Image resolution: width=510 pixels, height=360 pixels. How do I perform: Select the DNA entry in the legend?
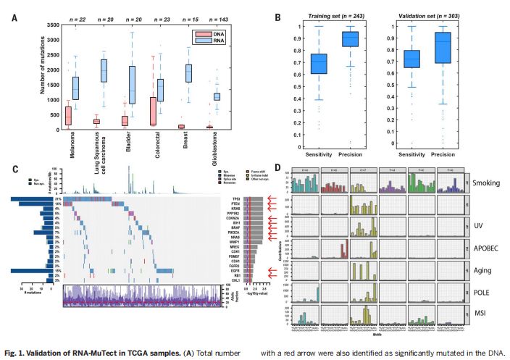pyautogui.click(x=211, y=34)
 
